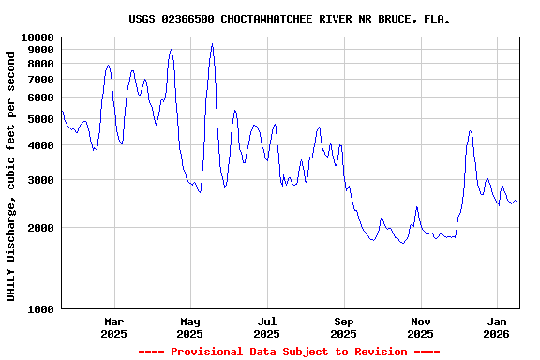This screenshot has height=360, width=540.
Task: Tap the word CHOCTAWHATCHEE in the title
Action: tap(269, 19)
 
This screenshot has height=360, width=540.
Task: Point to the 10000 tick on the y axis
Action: tap(37, 37)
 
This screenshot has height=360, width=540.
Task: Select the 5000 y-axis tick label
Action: tap(41, 119)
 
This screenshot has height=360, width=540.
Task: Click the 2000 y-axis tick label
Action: tap(41, 227)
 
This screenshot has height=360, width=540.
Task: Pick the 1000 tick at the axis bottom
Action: tap(41, 308)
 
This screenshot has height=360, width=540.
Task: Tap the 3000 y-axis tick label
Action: tap(41, 179)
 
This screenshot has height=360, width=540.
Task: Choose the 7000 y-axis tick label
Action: tap(41, 80)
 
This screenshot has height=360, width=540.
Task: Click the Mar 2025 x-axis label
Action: tap(113, 326)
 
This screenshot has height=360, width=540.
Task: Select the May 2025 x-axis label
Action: tap(190, 326)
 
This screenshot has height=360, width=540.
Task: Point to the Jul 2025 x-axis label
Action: tap(267, 326)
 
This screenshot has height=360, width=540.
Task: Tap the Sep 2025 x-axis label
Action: tap(344, 326)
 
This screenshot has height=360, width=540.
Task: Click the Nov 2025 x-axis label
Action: tap(421, 326)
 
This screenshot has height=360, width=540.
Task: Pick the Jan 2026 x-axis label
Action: tap(498, 326)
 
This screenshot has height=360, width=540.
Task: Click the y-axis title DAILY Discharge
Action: tap(11, 175)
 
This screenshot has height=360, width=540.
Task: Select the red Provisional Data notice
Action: tap(289, 352)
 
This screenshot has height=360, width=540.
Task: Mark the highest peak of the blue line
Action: tap(213, 44)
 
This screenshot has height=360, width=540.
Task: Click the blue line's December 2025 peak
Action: tap(470, 131)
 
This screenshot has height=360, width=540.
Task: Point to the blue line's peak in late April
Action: tap(171, 50)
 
